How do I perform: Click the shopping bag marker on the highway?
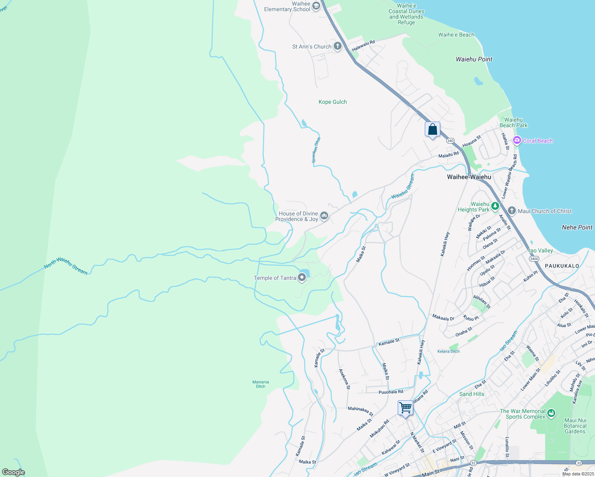click(432, 130)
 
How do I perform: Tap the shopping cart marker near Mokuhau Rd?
click(405, 408)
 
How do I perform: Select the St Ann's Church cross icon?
click(337, 47)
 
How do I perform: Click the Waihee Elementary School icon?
click(316, 6)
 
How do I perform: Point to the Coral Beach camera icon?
click(517, 140)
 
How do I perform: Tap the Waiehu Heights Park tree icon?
click(495, 206)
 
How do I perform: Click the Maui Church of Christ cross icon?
click(512, 211)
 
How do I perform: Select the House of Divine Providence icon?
click(324, 216)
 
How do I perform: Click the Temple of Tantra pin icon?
click(302, 278)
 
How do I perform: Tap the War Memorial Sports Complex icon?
click(551, 413)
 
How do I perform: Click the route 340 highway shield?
click(450, 141)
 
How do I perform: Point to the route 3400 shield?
click(534, 259)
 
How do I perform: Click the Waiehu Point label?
click(474, 59)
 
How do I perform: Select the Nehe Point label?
click(577, 227)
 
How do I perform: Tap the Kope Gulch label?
click(332, 102)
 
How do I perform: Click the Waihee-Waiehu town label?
click(469, 177)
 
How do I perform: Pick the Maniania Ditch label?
click(261, 384)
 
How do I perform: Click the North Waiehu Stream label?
click(66, 266)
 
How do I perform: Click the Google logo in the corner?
click(14, 472)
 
